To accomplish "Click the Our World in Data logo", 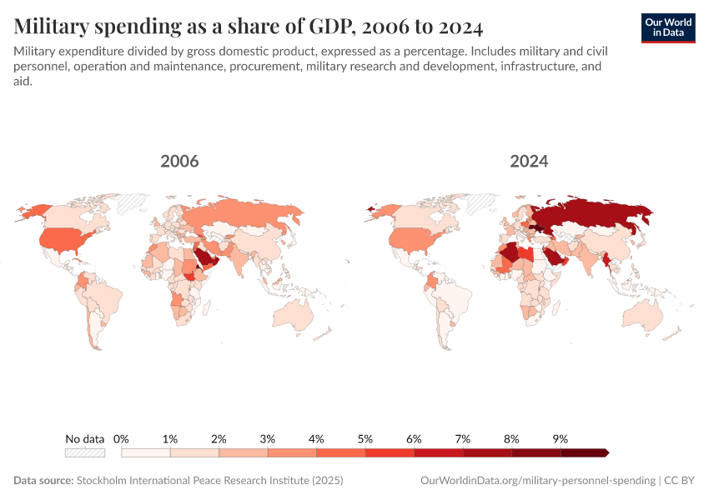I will [667, 27].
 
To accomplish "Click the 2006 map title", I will [179, 161].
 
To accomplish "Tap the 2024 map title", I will [529, 161].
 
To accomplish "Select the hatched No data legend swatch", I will [85, 452].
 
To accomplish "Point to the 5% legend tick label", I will [365, 438].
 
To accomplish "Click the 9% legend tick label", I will [560, 438].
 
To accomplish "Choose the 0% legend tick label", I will [122, 438].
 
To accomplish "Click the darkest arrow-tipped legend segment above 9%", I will [584, 452].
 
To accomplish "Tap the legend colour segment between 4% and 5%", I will [341, 452].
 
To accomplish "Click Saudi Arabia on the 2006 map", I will [204, 259].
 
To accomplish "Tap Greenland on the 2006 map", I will [131, 202].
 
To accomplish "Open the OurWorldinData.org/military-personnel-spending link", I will [536, 481].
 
